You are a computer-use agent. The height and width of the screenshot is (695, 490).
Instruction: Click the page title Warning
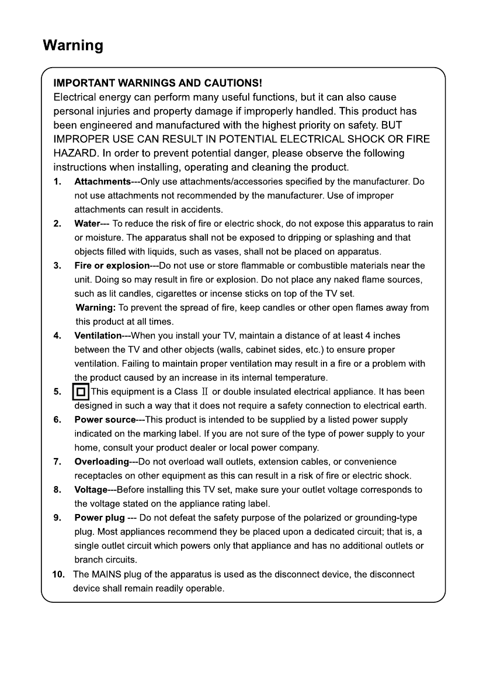[73, 46]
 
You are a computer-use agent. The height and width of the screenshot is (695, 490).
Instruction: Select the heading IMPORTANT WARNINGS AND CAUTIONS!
[158, 85]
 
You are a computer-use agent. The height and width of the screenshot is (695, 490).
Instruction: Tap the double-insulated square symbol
[81, 392]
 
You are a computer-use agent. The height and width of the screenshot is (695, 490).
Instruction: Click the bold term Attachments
[102, 182]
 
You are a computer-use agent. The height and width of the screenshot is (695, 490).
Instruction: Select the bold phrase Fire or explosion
[112, 266]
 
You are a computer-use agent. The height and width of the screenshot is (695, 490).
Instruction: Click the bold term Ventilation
[98, 336]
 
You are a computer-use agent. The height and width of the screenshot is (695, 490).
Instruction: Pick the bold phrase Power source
[105, 420]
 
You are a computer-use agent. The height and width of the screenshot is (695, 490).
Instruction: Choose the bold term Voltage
[91, 490]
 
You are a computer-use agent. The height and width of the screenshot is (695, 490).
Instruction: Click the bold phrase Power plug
[99, 518]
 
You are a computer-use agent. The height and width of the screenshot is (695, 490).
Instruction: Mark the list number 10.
[58, 574]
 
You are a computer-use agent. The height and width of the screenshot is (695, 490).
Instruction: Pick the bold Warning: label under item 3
[96, 308]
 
